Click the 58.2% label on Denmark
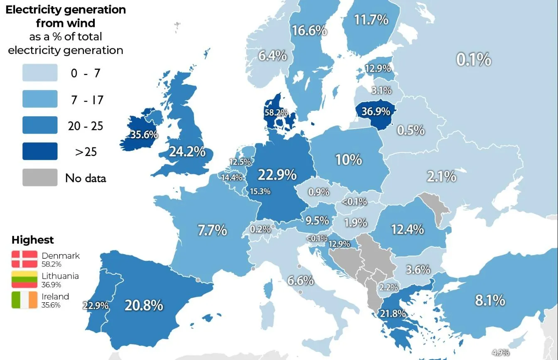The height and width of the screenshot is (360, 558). pyautogui.click(x=276, y=113)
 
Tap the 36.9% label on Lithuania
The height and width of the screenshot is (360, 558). pyautogui.click(x=376, y=111)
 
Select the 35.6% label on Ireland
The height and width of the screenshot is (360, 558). pyautogui.click(x=144, y=135)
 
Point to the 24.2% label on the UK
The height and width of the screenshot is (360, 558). pyautogui.click(x=187, y=152)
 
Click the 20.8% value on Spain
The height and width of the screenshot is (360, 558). pyautogui.click(x=144, y=305)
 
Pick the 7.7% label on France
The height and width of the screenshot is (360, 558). pyautogui.click(x=212, y=230)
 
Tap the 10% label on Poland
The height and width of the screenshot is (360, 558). pyautogui.click(x=349, y=159)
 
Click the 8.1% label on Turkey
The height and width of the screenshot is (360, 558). pyautogui.click(x=490, y=300)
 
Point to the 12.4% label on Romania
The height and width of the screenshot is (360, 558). pyautogui.click(x=407, y=229)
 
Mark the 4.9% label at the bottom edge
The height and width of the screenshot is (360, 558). pyautogui.click(x=500, y=353)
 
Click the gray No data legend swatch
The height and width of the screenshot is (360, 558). pyautogui.click(x=40, y=178)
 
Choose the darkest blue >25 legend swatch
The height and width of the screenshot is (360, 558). pyautogui.click(x=40, y=152)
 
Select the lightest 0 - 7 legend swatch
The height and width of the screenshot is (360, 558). pyautogui.click(x=40, y=73)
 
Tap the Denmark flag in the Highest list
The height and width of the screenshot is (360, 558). pyautogui.click(x=25, y=259)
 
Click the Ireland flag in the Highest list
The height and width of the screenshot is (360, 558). pyautogui.click(x=25, y=300)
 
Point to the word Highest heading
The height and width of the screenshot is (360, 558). pyautogui.click(x=33, y=240)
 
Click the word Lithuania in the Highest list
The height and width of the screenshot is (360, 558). pyautogui.click(x=60, y=276)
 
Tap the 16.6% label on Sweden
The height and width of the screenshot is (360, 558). pyautogui.click(x=309, y=30)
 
